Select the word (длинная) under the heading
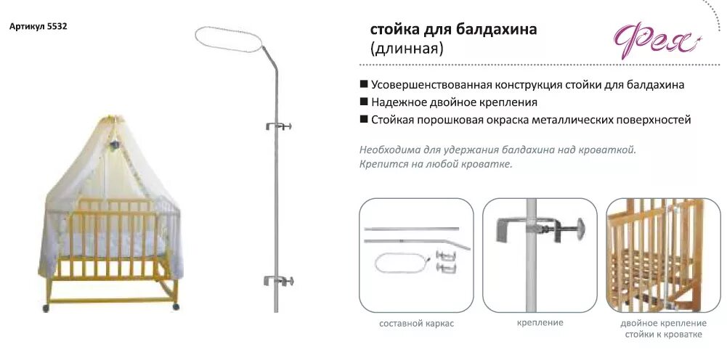point(407,49)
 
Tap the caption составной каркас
point(416,324)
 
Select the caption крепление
point(540,322)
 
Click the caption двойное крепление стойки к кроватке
point(663,329)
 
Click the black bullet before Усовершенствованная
point(363,84)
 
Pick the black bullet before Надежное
point(363,102)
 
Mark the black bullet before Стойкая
point(363,120)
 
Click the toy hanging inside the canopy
point(115,145)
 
